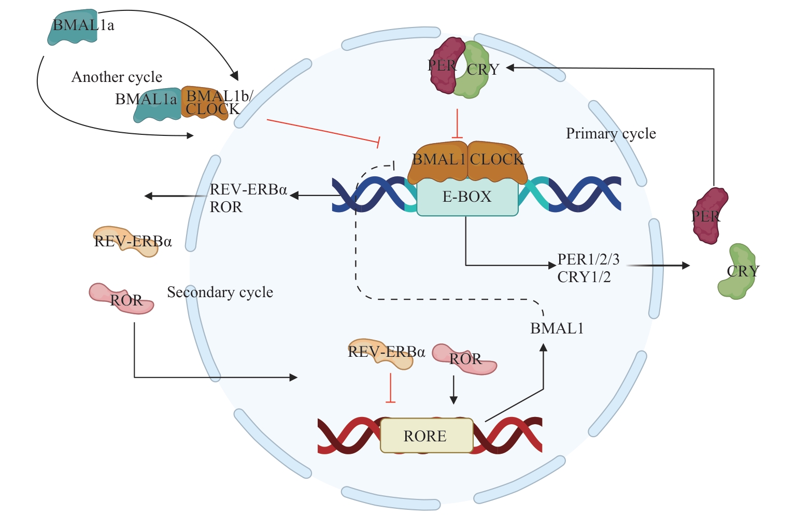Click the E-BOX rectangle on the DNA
[467, 197]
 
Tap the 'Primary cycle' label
[610, 134]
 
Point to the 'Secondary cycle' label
[220, 293]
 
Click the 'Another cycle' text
[117, 77]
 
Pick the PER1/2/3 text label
[588, 259]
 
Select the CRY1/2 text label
[584, 277]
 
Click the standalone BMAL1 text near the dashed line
[557, 328]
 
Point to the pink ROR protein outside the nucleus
[122, 299]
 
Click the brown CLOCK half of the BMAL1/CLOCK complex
[497, 161]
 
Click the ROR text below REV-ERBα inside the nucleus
[226, 207]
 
